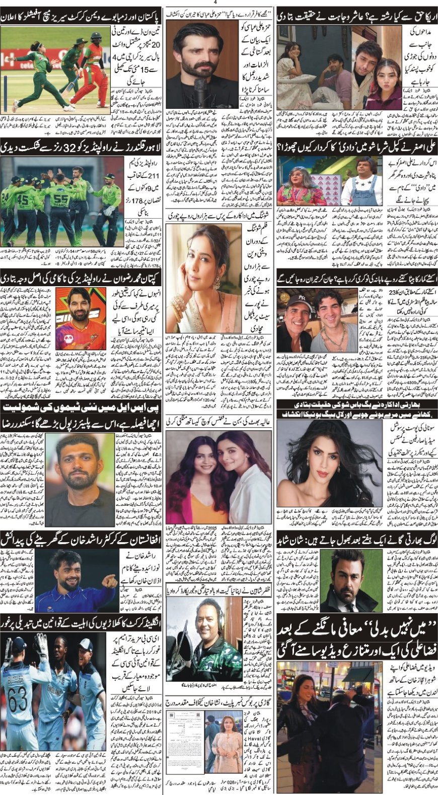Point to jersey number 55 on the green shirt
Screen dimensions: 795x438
coord(61,203)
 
